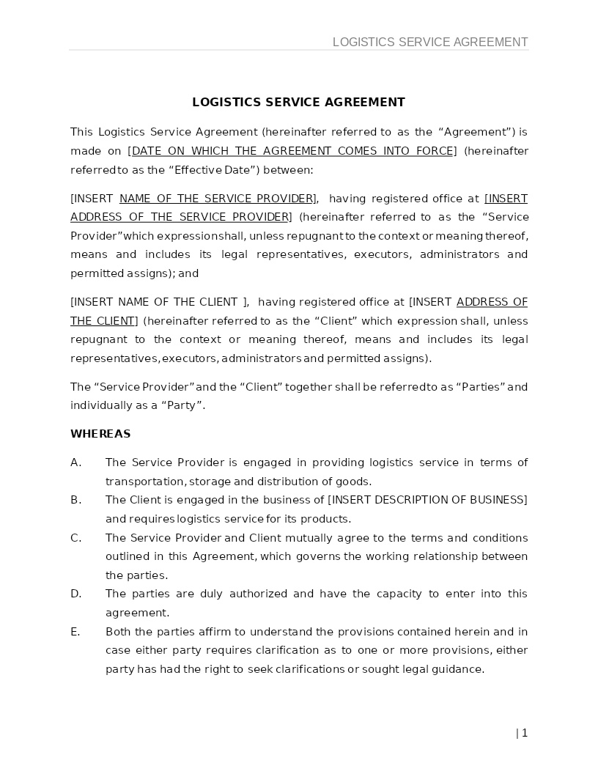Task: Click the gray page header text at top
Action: (430, 42)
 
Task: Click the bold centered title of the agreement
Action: (298, 102)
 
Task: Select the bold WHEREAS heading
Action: (100, 434)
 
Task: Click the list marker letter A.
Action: (75, 462)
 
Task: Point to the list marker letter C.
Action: (75, 538)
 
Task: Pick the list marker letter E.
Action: (75, 632)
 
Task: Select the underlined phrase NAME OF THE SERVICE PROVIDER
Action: (217, 199)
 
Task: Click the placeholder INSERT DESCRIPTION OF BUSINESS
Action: (427, 500)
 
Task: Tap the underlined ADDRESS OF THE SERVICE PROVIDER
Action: (180, 217)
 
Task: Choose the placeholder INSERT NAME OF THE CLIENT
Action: (158, 302)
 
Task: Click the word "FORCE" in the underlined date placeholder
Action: (435, 151)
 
